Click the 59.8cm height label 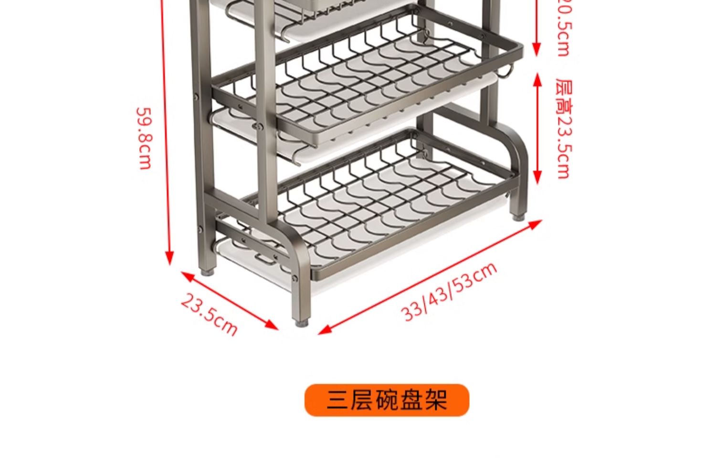point(144,138)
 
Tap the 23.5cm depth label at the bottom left point(209,314)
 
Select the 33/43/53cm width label point(449,291)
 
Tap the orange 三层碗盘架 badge point(387,400)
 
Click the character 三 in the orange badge point(337,400)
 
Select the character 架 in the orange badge point(435,400)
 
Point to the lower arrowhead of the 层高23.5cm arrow point(537,179)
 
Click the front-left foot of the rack point(301,322)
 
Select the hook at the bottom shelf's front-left point(266,261)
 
